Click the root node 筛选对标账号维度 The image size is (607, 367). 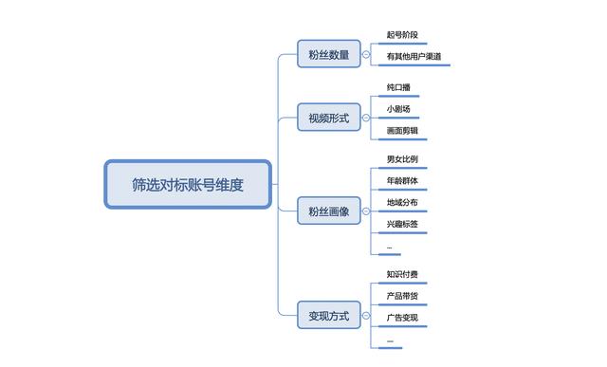point(188,184)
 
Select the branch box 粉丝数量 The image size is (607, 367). point(328,55)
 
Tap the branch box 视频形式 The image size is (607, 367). point(328,119)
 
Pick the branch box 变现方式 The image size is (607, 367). point(328,315)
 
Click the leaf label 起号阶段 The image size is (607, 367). point(401,36)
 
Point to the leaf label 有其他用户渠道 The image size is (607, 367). point(414,57)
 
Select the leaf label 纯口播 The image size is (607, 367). point(398,87)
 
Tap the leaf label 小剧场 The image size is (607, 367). point(398,108)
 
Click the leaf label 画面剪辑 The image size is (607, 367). point(401,130)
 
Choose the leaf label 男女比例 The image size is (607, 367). point(401,158)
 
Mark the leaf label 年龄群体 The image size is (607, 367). point(401,180)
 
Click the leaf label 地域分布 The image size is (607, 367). point(401,202)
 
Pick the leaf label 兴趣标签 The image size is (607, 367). point(401,224)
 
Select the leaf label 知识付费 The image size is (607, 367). point(401,274)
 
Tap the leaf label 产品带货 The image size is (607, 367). point(401,296)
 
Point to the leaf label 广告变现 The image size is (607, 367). point(401,318)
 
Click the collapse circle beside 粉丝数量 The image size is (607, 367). point(365,55)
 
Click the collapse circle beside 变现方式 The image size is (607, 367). point(365,315)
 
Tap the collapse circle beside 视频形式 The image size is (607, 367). point(365,119)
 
